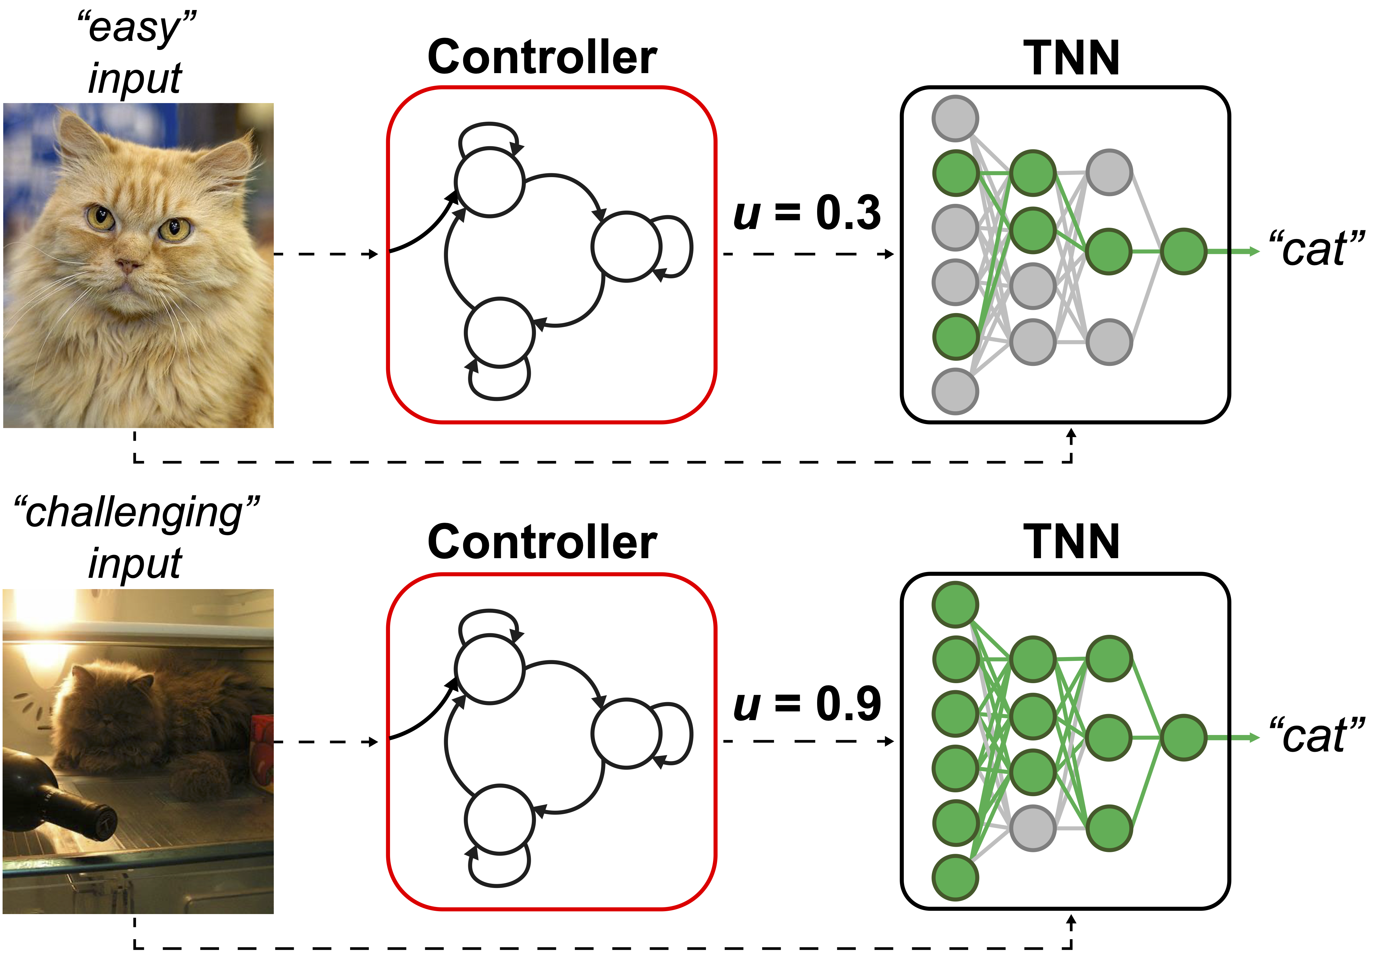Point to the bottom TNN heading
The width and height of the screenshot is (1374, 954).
coord(1071,542)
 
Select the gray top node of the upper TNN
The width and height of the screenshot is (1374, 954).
coord(955,118)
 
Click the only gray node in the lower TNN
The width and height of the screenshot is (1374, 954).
coord(1033,828)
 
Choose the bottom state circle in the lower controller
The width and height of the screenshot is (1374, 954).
coord(499,819)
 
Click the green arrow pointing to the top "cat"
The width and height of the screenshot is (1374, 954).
coord(1231,252)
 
